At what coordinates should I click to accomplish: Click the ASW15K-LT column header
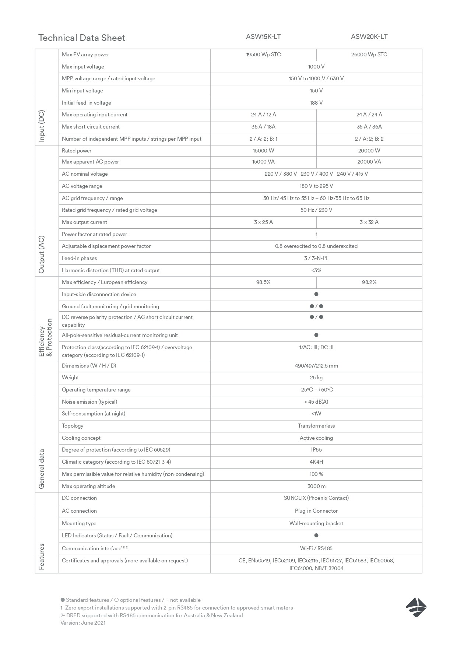point(263,36)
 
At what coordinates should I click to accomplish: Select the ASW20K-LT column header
point(369,36)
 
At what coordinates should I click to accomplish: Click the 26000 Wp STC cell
point(369,55)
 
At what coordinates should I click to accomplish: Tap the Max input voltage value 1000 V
point(316,67)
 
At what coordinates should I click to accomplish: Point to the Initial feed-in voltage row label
point(87,103)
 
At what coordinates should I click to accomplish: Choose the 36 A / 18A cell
point(263,127)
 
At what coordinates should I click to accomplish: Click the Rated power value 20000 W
point(369,151)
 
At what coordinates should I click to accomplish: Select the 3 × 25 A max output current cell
point(263,222)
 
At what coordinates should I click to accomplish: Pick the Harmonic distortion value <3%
point(316,270)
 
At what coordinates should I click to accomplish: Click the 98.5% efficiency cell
point(263,282)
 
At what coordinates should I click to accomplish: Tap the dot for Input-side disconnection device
point(316,294)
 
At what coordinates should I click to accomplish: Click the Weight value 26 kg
point(316,378)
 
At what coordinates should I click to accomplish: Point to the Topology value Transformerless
point(316,426)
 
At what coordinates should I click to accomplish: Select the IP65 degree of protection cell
point(316,450)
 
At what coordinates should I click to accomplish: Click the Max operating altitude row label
point(88,486)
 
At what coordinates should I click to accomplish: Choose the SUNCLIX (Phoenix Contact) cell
point(316,498)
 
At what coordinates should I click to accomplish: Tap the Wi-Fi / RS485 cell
point(316,548)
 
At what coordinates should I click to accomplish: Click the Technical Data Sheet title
point(81,38)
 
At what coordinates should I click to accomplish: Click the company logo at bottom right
point(416,607)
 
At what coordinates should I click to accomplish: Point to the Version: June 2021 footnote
point(83,623)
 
